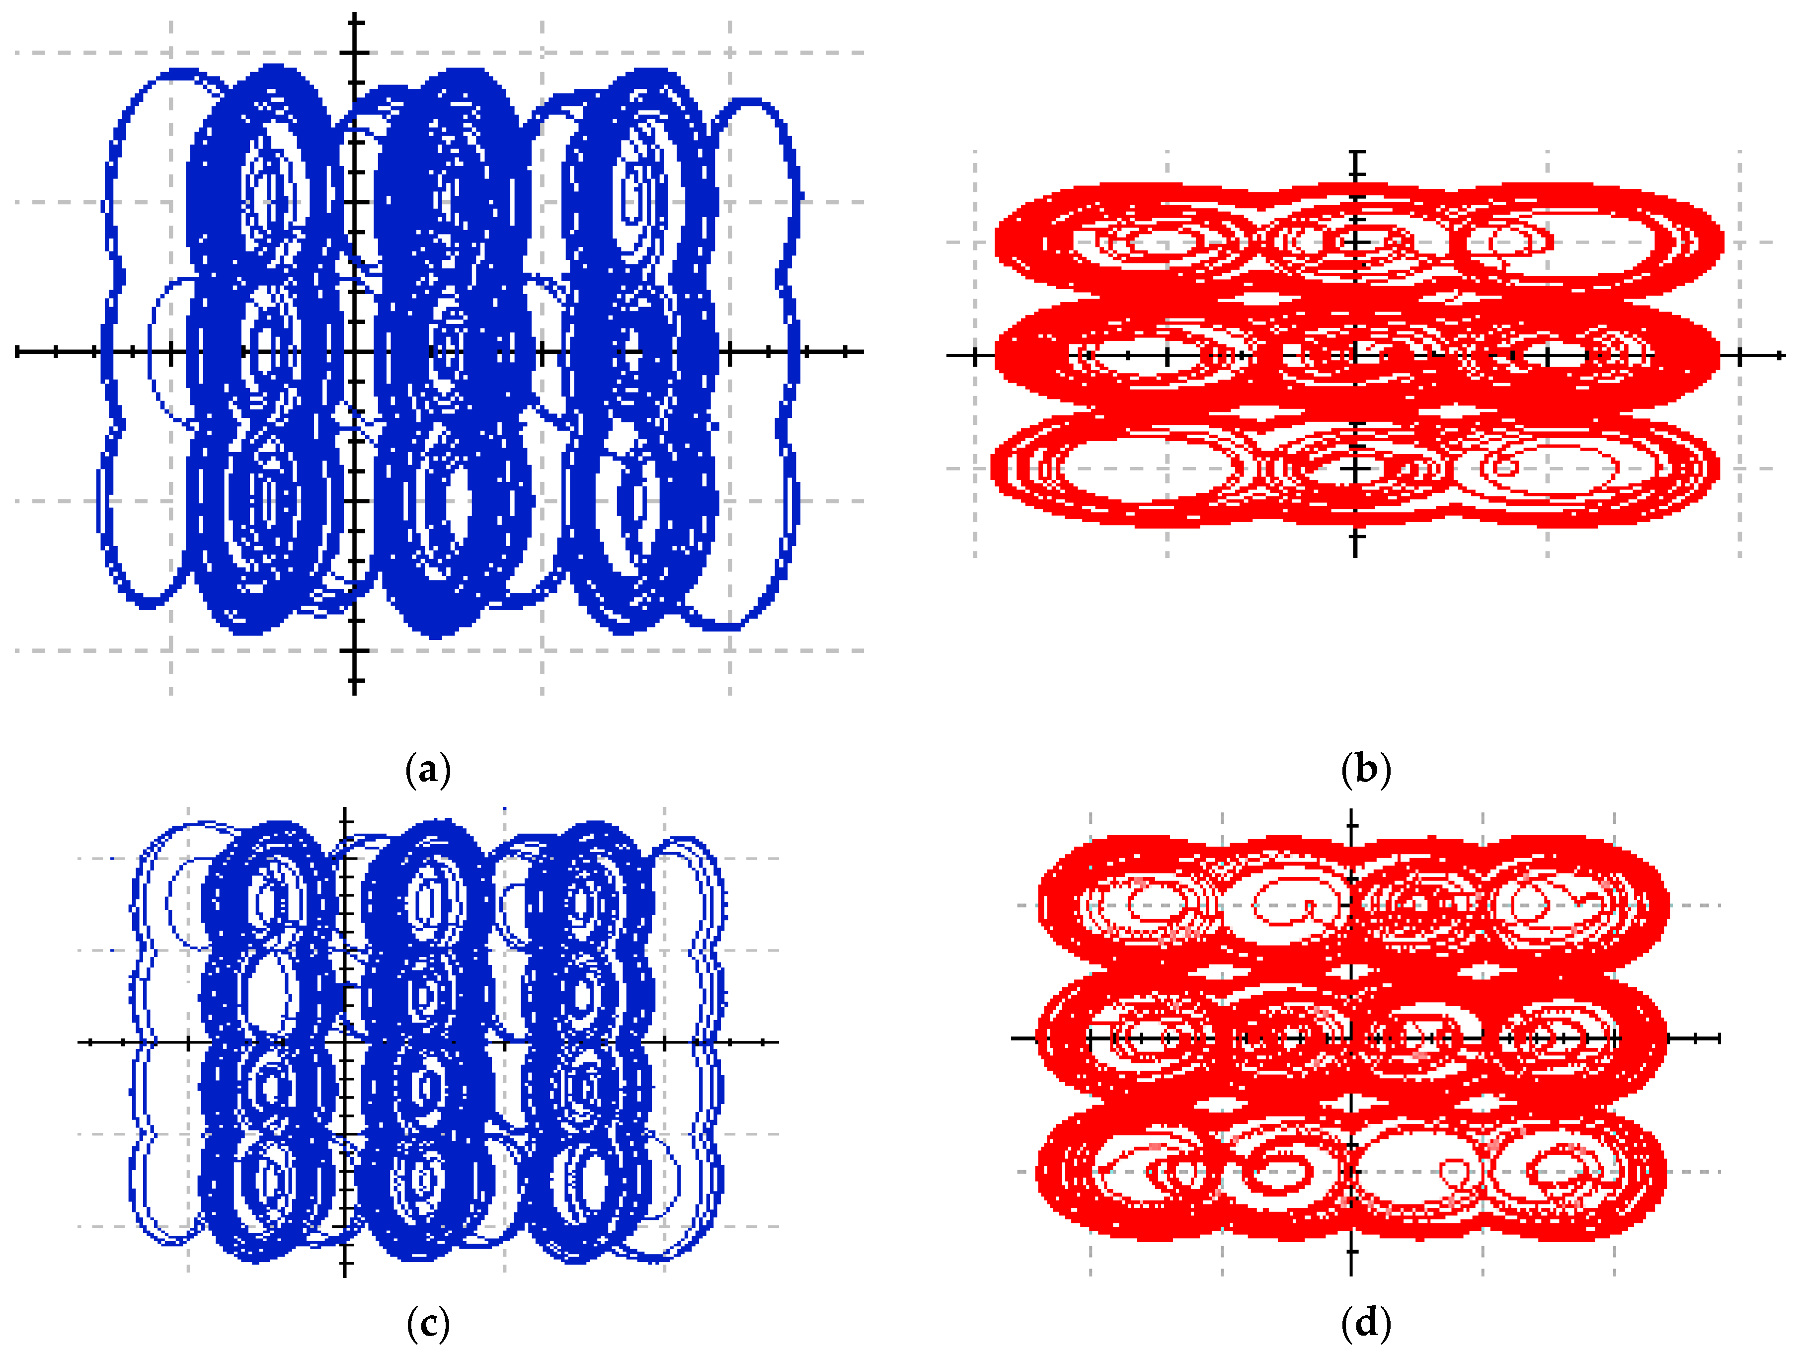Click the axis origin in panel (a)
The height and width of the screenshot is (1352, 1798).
tap(354, 352)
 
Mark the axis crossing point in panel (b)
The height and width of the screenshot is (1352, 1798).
tap(1355, 355)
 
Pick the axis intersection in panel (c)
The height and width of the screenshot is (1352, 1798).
tap(345, 1041)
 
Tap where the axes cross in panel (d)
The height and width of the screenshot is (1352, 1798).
tap(1351, 1038)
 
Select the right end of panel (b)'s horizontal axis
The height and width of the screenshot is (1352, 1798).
tap(1784, 355)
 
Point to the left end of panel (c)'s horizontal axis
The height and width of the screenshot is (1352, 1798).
tap(79, 1041)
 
